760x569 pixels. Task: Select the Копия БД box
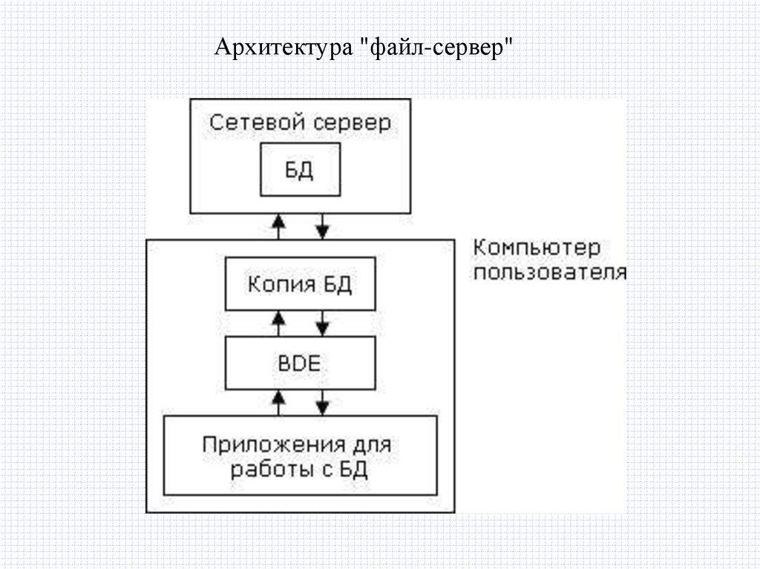click(x=300, y=286)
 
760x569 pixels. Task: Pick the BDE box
click(x=300, y=364)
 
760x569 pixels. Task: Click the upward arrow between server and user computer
click(x=278, y=225)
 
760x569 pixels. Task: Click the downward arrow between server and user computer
click(x=323, y=225)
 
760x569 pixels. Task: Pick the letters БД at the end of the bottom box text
click(x=354, y=470)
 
